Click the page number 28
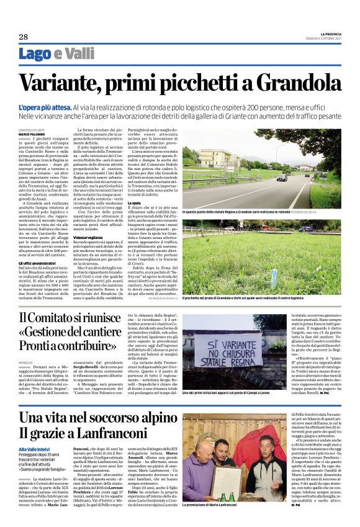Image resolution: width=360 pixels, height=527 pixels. point(23,37)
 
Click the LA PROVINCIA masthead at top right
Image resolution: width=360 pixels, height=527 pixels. point(323,33)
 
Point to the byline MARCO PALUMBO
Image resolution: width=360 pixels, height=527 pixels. point(31,133)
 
